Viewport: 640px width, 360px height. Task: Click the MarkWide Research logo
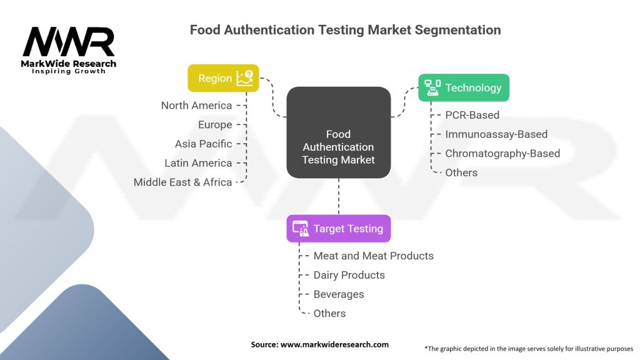tap(69, 50)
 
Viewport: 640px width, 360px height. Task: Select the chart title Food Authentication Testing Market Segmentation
tap(345, 30)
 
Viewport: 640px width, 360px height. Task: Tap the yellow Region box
tap(223, 78)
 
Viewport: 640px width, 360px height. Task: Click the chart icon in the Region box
tap(244, 78)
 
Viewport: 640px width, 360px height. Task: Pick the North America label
tap(196, 106)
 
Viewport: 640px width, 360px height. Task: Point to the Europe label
tap(215, 125)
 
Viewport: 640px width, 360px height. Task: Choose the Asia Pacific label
tap(203, 144)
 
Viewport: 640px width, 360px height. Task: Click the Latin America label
tap(198, 163)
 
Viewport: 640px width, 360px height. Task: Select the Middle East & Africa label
tap(182, 182)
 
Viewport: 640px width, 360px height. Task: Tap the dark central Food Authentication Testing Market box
tap(338, 132)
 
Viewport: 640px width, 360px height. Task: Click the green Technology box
tap(463, 87)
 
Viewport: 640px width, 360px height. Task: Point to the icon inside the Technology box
tap(432, 87)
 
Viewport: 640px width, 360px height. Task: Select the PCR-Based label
tap(472, 115)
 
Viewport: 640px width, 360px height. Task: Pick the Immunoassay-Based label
tap(496, 134)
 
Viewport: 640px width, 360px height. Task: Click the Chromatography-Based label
tap(502, 153)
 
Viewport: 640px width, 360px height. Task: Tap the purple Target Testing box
tap(338, 229)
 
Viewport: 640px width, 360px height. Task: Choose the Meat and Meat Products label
tap(373, 256)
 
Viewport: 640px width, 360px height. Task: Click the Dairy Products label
tap(349, 275)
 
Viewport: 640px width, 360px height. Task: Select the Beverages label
tap(338, 294)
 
